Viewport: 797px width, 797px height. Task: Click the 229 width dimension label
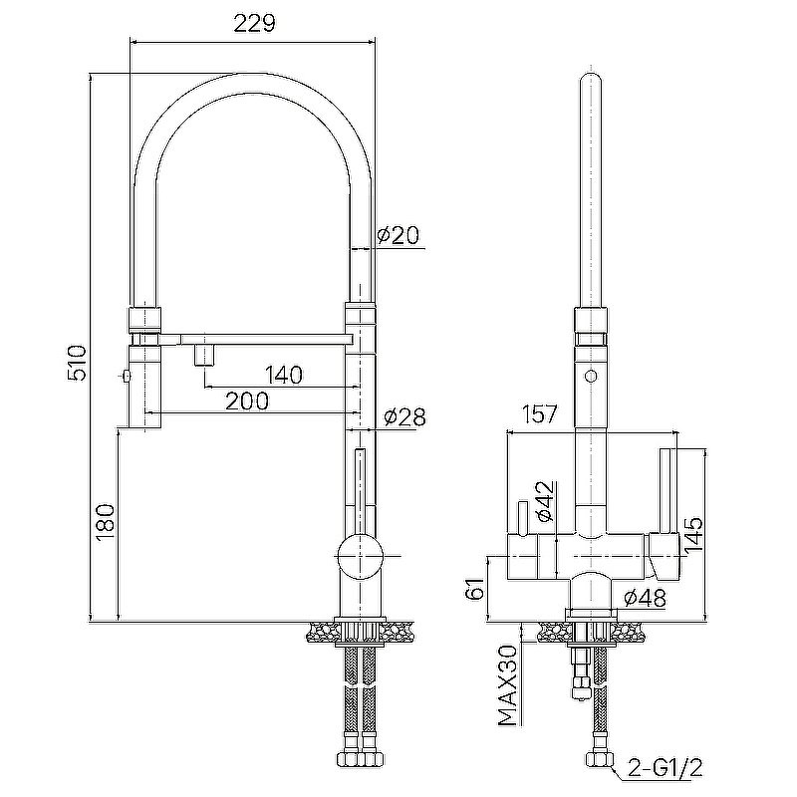click(255, 23)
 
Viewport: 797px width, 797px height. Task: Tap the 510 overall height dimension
click(78, 363)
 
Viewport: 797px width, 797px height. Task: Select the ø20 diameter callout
click(398, 235)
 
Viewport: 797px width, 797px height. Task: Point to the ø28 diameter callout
click(405, 417)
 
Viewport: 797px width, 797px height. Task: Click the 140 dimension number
click(284, 376)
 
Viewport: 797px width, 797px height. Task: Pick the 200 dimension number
click(247, 401)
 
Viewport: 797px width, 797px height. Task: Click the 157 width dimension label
click(539, 414)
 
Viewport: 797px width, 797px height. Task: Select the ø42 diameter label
click(545, 501)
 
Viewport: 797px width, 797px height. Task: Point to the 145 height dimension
click(692, 535)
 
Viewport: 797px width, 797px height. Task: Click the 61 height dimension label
click(476, 588)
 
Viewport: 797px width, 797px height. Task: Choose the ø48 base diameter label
click(645, 599)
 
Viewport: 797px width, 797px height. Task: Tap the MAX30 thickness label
click(508, 685)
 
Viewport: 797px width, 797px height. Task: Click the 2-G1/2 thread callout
click(665, 767)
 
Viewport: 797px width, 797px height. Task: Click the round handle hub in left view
click(360, 557)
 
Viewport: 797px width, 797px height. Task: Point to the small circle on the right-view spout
click(591, 377)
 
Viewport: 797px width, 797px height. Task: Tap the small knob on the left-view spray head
click(126, 377)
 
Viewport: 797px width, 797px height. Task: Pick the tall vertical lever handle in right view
click(666, 491)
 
